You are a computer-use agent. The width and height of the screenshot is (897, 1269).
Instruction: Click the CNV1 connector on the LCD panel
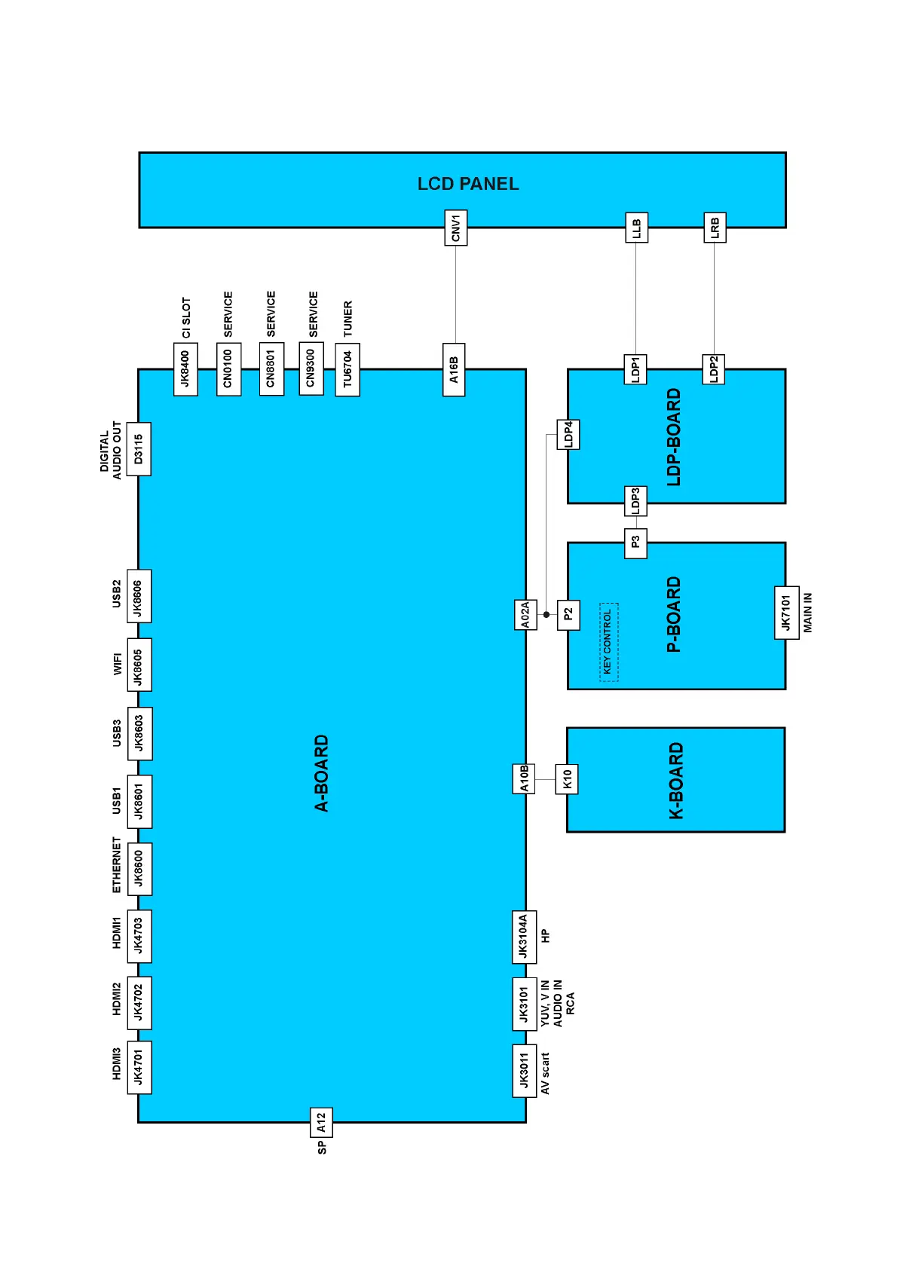pyautogui.click(x=455, y=228)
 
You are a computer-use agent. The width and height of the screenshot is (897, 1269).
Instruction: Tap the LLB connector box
pyautogui.click(x=636, y=228)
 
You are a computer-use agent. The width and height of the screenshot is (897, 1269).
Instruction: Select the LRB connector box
pyautogui.click(x=715, y=227)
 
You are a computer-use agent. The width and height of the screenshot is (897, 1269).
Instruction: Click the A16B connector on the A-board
pyautogui.click(x=454, y=370)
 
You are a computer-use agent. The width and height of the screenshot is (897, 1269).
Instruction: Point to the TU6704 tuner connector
pyautogui.click(x=347, y=369)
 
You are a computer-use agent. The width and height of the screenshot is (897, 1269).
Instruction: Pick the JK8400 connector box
pyautogui.click(x=185, y=369)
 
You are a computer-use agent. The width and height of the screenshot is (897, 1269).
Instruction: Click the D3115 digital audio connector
pyautogui.click(x=139, y=449)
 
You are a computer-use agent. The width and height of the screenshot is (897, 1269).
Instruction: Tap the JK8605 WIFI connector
pyautogui.click(x=139, y=665)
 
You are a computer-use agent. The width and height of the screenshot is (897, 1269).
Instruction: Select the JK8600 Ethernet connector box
pyautogui.click(x=139, y=869)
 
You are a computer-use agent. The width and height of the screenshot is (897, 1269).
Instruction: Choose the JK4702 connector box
pyautogui.click(x=139, y=1002)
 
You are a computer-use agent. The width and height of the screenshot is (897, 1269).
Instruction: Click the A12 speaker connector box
pyautogui.click(x=321, y=1123)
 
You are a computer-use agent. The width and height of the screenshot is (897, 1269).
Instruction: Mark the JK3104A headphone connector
pyautogui.click(x=524, y=937)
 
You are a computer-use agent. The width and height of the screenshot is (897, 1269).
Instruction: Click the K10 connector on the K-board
pyautogui.click(x=567, y=779)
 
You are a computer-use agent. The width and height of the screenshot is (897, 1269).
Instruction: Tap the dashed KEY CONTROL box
pyautogui.click(x=608, y=642)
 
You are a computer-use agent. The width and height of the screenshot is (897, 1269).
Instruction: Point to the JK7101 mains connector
pyautogui.click(x=786, y=613)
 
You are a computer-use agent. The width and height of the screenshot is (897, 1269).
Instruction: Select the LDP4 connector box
pyautogui.click(x=568, y=434)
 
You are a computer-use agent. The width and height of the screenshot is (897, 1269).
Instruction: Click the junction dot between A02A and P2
pyautogui.click(x=546, y=615)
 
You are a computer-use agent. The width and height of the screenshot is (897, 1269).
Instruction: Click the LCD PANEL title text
pyautogui.click(x=468, y=184)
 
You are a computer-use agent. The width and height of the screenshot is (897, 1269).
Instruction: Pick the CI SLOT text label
pyautogui.click(x=186, y=318)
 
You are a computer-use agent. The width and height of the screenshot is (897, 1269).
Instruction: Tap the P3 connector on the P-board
pyautogui.click(x=635, y=543)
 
